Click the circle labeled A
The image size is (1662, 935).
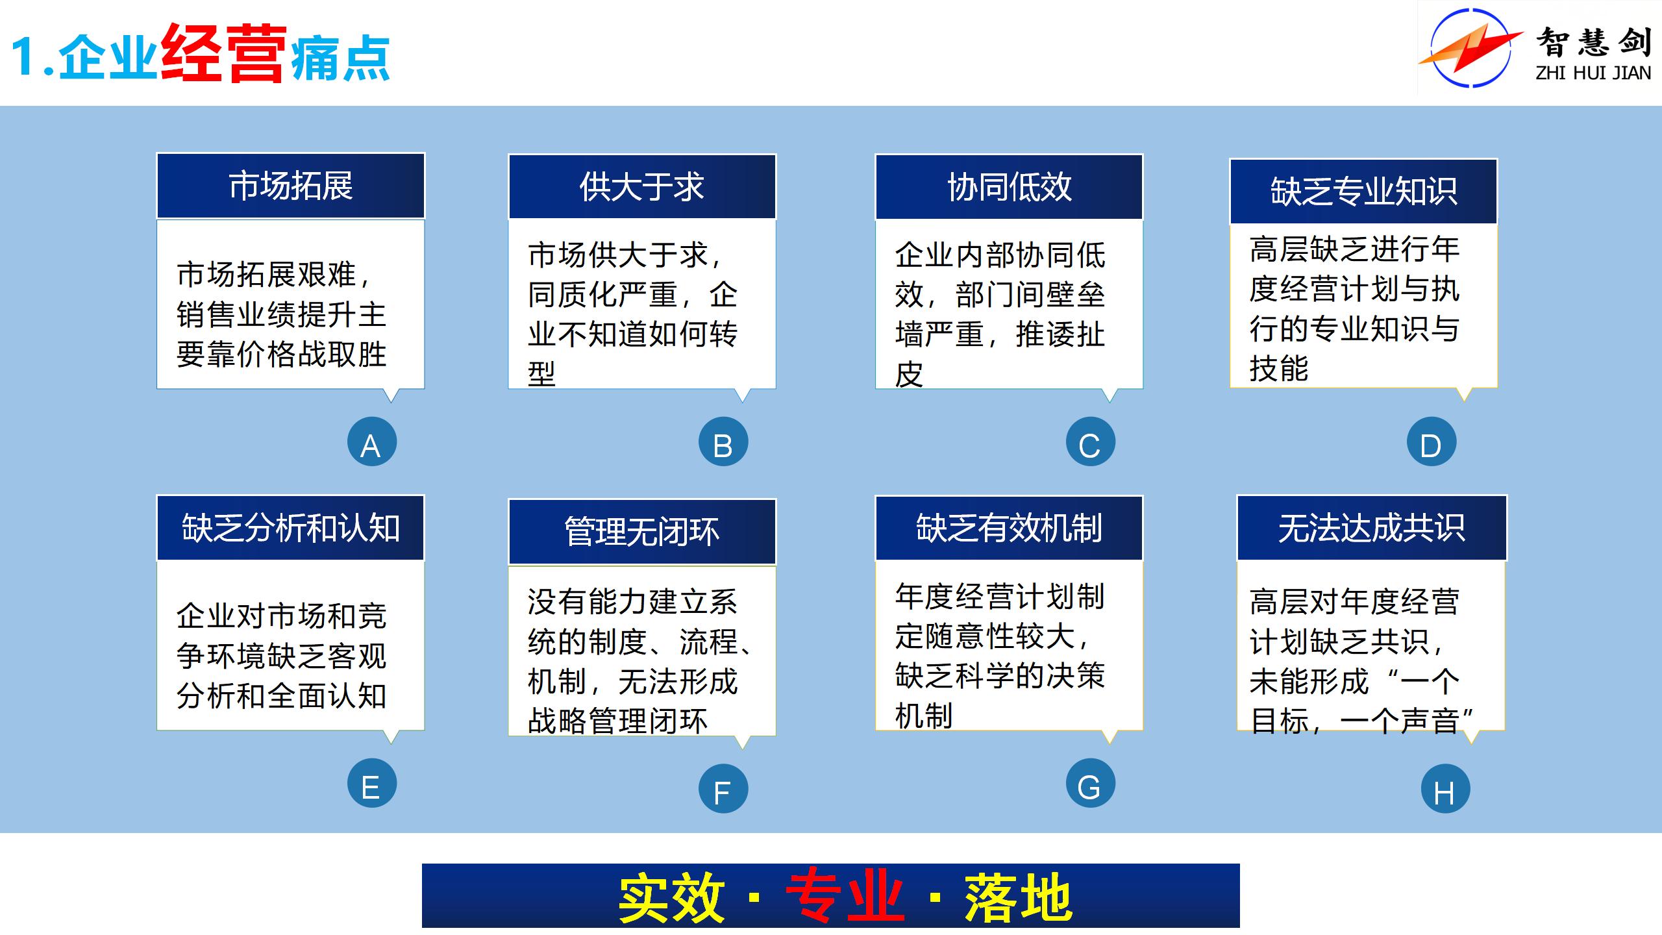(372, 442)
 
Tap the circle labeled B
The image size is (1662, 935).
(723, 442)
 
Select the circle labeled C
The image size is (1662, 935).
(1091, 442)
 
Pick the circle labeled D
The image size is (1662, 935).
(1432, 442)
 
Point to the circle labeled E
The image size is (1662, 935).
(372, 783)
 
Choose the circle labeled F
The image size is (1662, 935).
(723, 788)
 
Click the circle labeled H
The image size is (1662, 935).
(1446, 788)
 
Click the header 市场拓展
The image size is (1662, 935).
(291, 186)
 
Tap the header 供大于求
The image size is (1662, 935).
(642, 187)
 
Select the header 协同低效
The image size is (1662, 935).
(1010, 187)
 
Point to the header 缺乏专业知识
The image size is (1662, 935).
(1364, 192)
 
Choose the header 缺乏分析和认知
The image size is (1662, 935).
(291, 528)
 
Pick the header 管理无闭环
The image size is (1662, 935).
(642, 532)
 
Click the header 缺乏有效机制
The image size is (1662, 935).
(1010, 528)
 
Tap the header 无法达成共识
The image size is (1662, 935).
(1372, 528)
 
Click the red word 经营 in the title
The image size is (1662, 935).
(223, 53)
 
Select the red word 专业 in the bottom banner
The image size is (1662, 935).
(845, 897)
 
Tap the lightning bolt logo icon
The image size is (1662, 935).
(1470, 47)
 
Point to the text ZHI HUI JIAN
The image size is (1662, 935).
(1593, 73)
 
